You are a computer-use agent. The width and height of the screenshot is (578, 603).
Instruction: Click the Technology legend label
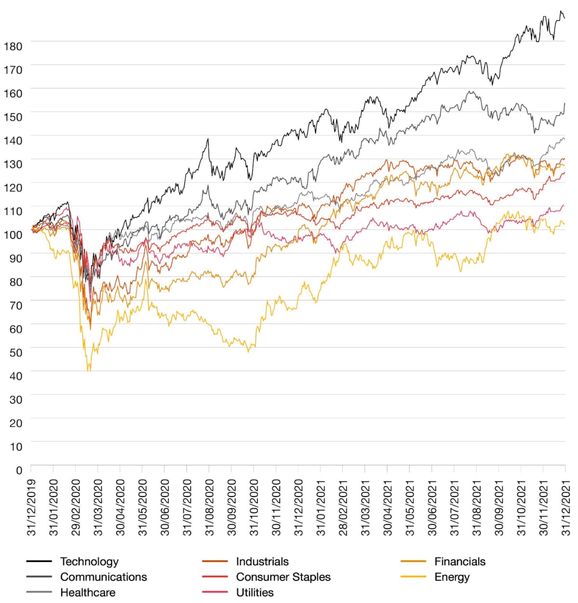pos(89,562)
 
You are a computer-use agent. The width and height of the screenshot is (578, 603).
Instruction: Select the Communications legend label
pos(104,577)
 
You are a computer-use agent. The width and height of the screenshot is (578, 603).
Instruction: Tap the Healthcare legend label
pos(88,592)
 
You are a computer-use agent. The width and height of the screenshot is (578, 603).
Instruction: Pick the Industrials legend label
pos(263,562)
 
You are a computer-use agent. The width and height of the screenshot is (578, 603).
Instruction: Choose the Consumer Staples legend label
pos(283,577)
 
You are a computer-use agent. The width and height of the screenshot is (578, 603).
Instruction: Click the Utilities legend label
pos(255,592)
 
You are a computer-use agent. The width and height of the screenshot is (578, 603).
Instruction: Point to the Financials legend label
pos(460,562)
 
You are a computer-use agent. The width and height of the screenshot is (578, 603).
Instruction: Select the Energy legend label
pos(452,577)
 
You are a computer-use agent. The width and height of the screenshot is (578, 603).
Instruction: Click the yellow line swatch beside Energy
pos(413,577)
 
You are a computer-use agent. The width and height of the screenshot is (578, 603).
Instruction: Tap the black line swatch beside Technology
pos(39,562)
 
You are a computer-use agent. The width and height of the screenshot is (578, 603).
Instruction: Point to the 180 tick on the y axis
pos(13,46)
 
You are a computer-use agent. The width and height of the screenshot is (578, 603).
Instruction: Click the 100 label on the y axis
pos(13,235)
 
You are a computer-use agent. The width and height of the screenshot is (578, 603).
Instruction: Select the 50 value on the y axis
pos(15,352)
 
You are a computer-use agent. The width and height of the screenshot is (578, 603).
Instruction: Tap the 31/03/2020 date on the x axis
pos(98,507)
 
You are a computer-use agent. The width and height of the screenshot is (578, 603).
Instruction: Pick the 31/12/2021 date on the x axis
pos(565,507)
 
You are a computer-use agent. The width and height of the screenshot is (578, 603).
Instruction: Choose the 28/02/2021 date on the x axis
pos(343,507)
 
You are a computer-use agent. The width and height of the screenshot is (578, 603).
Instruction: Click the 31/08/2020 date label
pos(210,507)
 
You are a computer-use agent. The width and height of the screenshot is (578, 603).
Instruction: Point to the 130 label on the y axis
pos(13,164)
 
